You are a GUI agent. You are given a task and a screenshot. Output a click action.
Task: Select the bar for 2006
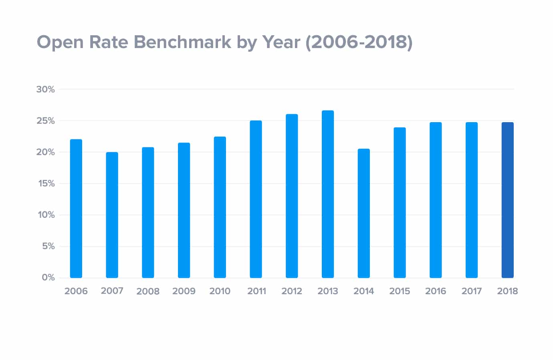click(x=76, y=209)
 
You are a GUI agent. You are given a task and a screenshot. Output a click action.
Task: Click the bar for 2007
click(x=112, y=215)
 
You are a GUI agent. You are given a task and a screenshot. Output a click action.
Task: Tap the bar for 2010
click(x=220, y=207)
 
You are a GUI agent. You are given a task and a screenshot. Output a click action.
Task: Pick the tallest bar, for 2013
click(x=328, y=194)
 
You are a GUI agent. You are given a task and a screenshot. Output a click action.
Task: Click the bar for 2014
click(x=364, y=213)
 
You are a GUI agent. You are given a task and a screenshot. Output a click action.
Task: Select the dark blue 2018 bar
click(x=507, y=200)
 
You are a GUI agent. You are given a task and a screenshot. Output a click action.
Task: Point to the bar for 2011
click(x=256, y=199)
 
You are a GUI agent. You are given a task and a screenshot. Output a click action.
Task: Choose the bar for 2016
click(x=436, y=200)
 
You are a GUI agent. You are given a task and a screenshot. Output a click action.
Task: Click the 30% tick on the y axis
click(x=46, y=89)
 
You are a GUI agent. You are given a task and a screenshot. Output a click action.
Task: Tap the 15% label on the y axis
click(x=46, y=183)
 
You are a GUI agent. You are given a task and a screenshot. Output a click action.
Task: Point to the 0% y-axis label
click(x=48, y=278)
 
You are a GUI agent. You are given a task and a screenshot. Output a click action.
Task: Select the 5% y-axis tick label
click(x=48, y=246)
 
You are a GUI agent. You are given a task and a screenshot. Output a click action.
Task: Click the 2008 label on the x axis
click(x=148, y=291)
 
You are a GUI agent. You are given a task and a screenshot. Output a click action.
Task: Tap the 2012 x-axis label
click(x=292, y=291)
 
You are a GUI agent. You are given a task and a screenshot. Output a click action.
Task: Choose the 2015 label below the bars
click(x=400, y=291)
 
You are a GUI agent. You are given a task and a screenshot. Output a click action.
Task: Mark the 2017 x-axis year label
click(x=471, y=291)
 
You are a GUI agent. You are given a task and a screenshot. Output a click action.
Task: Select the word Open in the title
click(x=60, y=42)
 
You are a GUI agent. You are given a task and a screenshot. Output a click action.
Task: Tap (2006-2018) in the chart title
click(x=359, y=42)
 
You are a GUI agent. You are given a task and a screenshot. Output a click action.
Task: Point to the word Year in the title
click(x=281, y=42)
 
